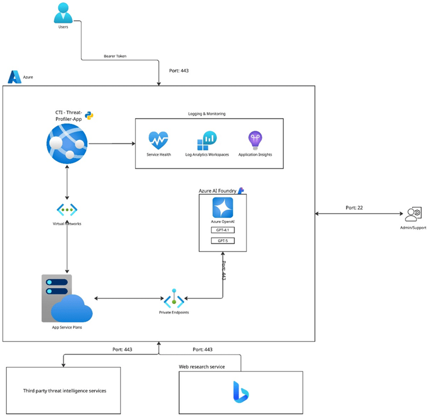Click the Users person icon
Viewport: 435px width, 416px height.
coord(63,12)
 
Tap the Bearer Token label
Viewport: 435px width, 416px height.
coord(115,56)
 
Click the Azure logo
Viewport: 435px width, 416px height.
coord(14,76)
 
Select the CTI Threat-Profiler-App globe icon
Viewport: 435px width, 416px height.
coord(67,144)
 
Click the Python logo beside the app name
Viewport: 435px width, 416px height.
coord(89,116)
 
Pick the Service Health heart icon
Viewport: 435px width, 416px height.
coord(158,139)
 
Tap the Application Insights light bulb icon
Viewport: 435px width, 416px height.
coord(255,139)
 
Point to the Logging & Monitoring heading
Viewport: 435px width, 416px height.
coord(207,114)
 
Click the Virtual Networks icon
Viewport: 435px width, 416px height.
coord(67,210)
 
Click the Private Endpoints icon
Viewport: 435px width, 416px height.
coord(174,298)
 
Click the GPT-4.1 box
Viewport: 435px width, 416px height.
coord(222,230)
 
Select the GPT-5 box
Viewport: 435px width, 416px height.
coord(222,241)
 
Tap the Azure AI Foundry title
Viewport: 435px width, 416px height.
coord(217,191)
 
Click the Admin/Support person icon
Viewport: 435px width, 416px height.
coord(413,214)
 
